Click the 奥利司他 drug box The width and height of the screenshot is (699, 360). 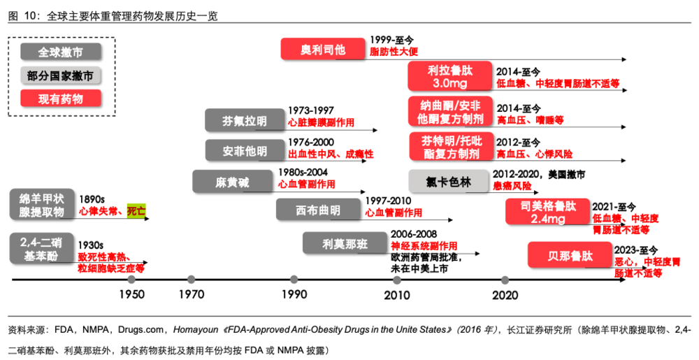pos(322,49)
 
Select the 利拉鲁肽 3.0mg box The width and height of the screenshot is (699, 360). pos(450,77)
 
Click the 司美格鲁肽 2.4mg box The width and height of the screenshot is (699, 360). pos(548,212)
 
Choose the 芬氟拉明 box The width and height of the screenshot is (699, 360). pos(245,120)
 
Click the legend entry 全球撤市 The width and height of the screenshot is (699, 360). pos(60,52)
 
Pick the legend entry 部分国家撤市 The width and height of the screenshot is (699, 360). pos(60,75)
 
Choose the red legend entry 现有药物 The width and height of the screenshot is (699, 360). pos(60,99)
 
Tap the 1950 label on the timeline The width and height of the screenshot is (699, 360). pos(131,295)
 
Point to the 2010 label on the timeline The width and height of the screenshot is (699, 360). pos(397,295)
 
